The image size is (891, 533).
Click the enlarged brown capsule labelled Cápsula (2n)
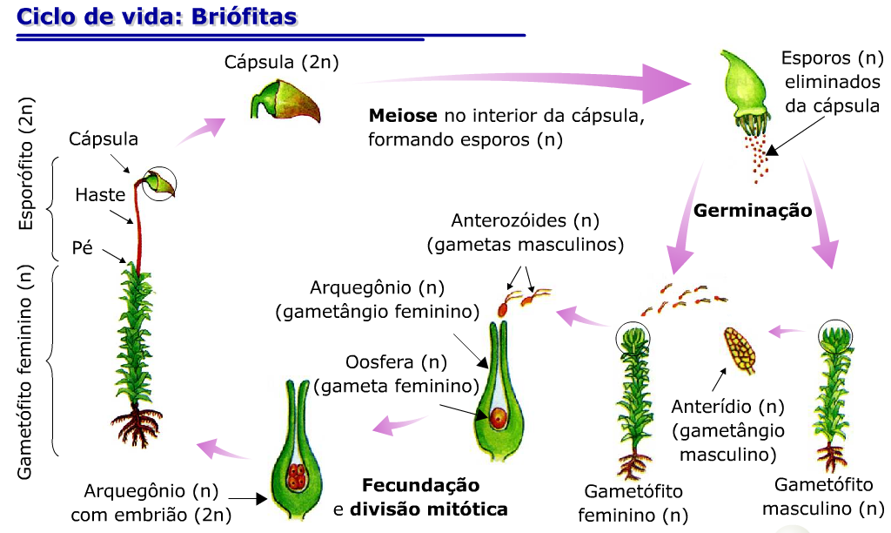tap(286, 101)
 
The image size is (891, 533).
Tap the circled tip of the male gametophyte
tap(836, 336)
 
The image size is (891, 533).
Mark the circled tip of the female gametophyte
tap(633, 338)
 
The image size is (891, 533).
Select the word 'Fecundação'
tap(420, 485)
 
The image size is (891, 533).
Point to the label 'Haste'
tap(100, 194)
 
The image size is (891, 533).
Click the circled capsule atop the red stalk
tap(159, 182)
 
